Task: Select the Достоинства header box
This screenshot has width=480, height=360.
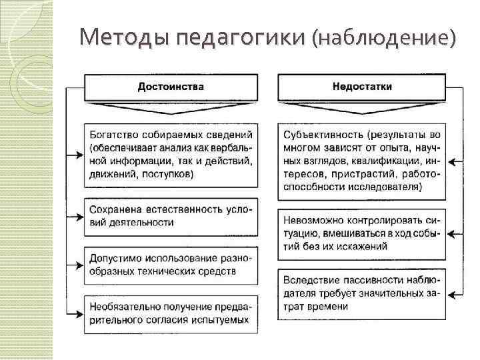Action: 171,87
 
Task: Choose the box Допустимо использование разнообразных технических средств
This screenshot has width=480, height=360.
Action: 171,264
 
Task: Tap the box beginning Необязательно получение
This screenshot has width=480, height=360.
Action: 171,313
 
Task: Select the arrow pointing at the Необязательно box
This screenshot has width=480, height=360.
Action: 75,313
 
